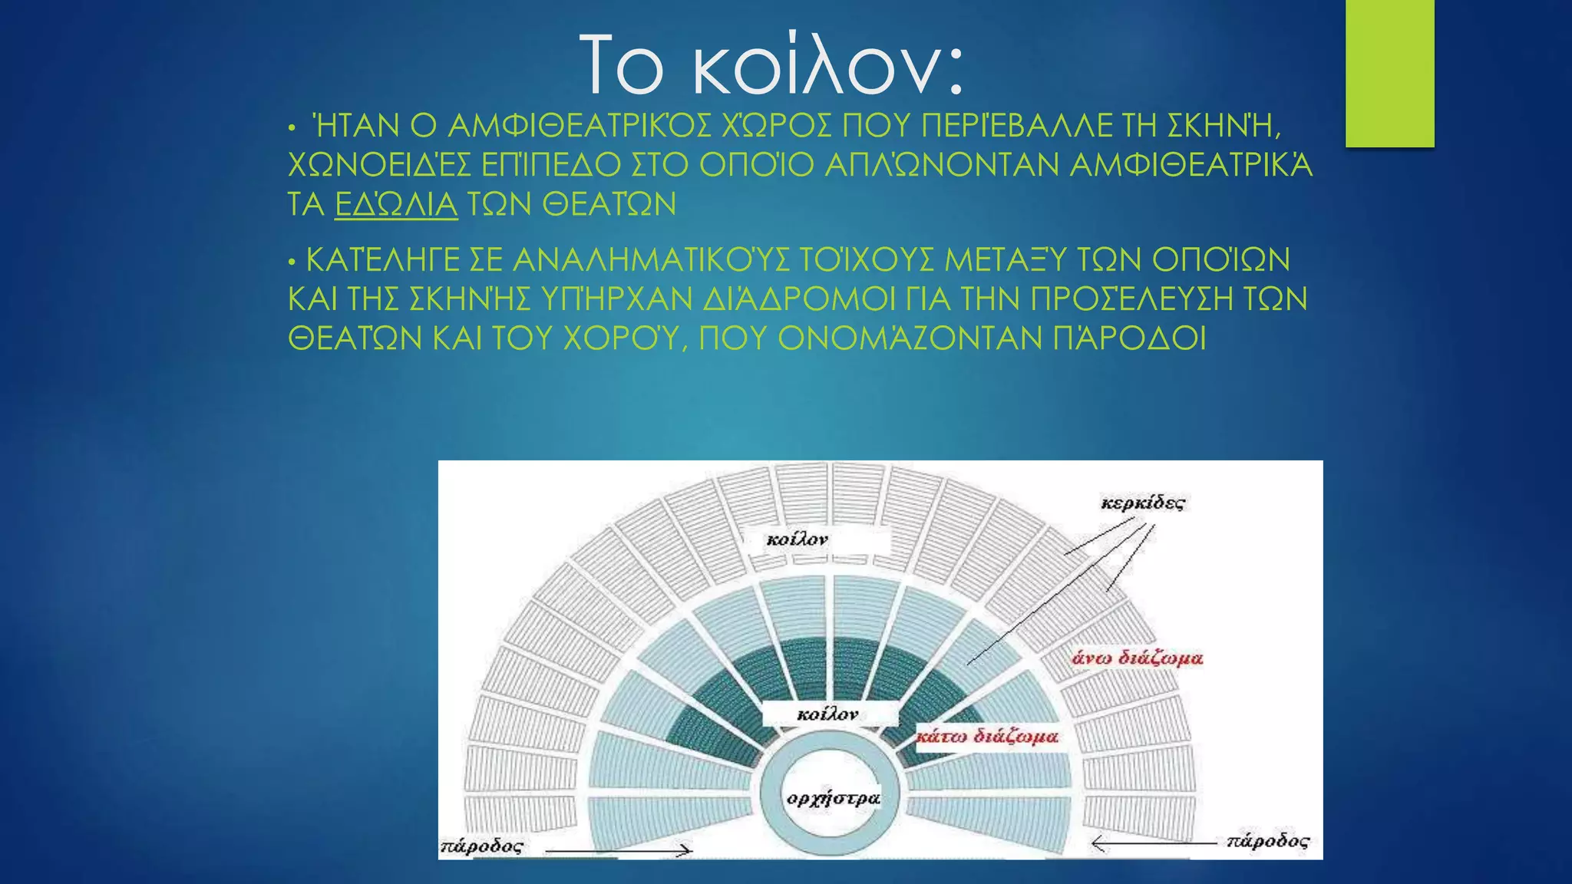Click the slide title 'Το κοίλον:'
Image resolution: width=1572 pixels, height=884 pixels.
pos(771,66)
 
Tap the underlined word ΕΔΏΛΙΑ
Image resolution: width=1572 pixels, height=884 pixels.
pos(396,205)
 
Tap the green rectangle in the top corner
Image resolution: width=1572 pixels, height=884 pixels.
pos(1389,73)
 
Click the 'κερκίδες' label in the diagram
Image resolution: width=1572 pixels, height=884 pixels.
pos(1142,503)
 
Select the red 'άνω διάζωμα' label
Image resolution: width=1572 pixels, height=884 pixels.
pos(1137,658)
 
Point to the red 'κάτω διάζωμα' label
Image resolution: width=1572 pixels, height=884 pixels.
pos(987,737)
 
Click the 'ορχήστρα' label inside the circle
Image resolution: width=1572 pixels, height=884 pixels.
pos(833,799)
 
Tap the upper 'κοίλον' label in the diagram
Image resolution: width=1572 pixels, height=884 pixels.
pos(797,540)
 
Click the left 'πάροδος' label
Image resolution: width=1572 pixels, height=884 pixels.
pos(481,847)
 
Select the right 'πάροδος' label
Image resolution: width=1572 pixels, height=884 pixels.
pos(1267,841)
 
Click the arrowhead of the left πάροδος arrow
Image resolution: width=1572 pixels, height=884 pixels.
pos(685,850)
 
